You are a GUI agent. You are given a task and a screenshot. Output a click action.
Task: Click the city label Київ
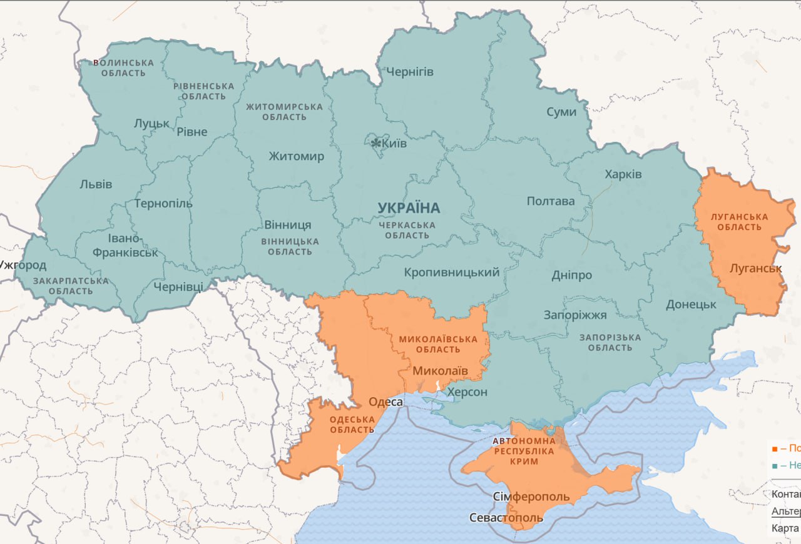tap(394, 144)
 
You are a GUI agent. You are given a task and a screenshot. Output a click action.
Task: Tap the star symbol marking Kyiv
tap(375, 144)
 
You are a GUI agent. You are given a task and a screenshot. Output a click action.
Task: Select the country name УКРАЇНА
tap(409, 208)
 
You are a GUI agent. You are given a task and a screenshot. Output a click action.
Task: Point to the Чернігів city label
tap(410, 72)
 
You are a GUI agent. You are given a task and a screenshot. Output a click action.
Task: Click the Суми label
tap(561, 112)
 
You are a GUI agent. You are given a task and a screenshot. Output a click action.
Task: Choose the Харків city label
tap(623, 174)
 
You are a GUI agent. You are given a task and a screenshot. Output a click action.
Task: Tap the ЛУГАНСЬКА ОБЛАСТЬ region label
tap(739, 222)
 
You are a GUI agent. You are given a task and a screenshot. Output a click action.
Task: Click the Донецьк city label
tap(691, 305)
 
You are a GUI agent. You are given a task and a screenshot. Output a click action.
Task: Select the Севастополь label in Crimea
tap(506, 518)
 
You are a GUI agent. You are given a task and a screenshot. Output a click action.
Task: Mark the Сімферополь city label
tap(531, 497)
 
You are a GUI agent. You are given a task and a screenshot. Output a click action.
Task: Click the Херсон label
tap(466, 392)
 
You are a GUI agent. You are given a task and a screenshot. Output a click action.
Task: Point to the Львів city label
tap(96, 184)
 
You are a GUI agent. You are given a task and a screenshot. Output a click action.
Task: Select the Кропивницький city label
tap(452, 273)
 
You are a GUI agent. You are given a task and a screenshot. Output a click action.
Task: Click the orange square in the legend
tap(775, 449)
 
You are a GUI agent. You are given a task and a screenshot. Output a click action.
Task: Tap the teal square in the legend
tap(775, 466)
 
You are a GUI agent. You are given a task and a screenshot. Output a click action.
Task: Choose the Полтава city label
tap(551, 201)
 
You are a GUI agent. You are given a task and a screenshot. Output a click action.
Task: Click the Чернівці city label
tap(178, 287)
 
